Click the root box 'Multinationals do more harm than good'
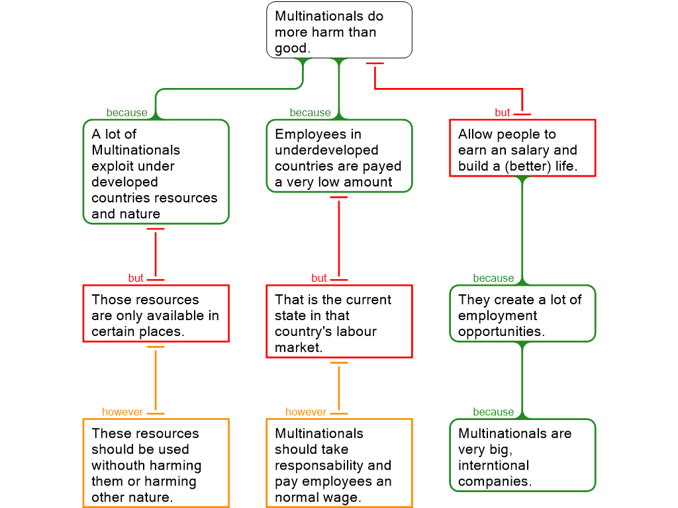point(339,30)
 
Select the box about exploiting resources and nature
point(156,172)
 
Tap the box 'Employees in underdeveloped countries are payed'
point(339,156)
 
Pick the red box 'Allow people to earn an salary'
point(522,148)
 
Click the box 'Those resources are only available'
point(156,314)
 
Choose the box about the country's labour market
point(339,321)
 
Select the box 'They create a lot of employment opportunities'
point(522,314)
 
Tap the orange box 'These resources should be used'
point(156,463)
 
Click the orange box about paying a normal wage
point(339,463)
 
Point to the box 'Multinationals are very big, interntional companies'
point(522,455)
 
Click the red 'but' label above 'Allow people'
point(503,112)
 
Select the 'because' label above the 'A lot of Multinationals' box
point(126,112)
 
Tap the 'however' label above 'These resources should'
point(122,412)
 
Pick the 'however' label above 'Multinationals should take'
point(306,412)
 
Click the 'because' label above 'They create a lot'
point(493,278)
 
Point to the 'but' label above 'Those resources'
point(136,278)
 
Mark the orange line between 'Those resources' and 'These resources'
point(156,380)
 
